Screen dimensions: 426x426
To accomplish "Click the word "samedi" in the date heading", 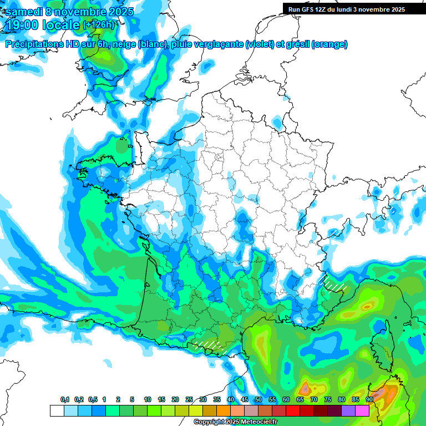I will point(23,12).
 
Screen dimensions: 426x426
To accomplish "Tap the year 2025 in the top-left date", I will point(117,12).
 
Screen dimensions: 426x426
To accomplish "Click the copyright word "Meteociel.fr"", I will point(258,422).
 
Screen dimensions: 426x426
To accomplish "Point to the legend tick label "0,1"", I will point(65,400).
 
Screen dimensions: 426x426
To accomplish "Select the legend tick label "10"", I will point(148,400).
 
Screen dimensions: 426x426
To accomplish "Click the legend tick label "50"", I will point(258,400).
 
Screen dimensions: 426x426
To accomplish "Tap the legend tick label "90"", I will point(369,400).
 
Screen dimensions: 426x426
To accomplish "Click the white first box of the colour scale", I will point(57,410).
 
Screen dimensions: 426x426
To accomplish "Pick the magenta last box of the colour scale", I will point(362,410).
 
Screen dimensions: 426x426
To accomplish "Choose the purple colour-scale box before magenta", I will point(348,410).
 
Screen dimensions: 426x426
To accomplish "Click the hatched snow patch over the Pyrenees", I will point(210,345).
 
